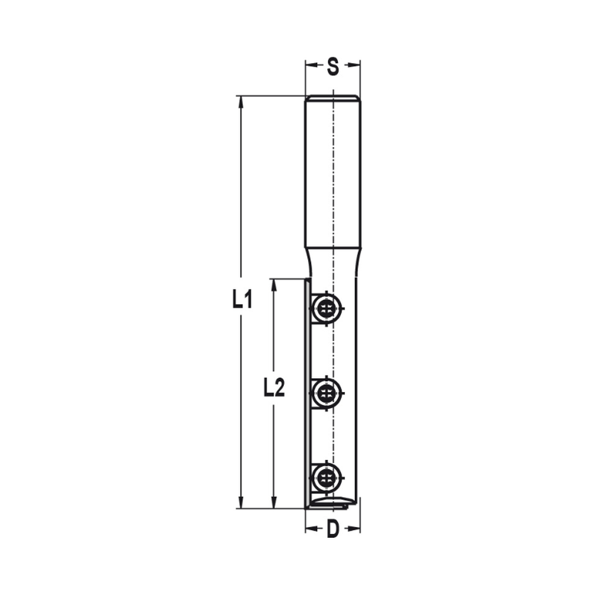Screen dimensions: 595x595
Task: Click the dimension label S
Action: click(333, 67)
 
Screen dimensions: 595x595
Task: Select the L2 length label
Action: click(274, 389)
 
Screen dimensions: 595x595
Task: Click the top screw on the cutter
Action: click(325, 308)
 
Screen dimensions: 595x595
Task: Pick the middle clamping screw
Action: click(325, 392)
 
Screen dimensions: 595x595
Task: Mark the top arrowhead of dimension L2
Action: click(274, 284)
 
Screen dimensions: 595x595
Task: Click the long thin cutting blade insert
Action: click(308, 393)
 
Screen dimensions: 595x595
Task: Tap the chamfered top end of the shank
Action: click(333, 98)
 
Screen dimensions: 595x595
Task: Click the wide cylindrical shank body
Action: click(333, 173)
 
